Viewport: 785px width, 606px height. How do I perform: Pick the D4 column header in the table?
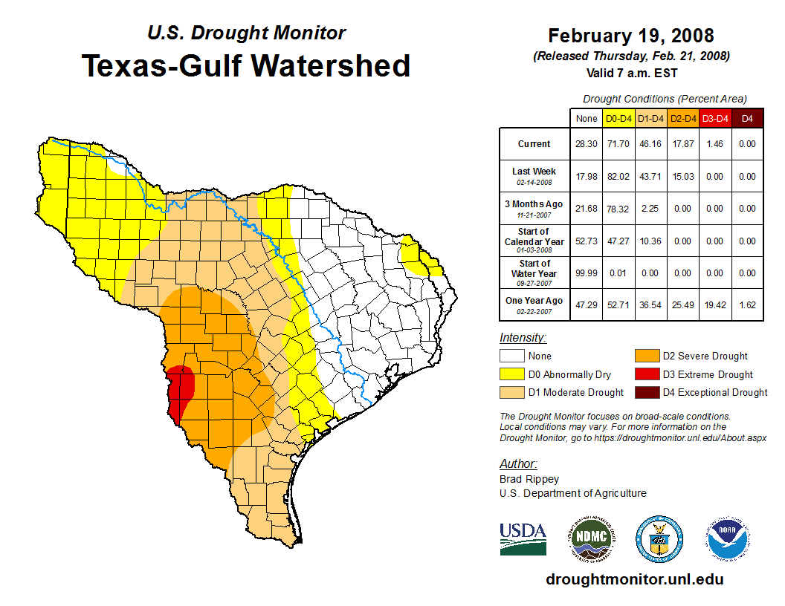pos(747,118)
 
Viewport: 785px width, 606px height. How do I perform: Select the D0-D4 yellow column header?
pos(618,118)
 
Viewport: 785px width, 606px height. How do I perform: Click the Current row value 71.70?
pos(618,144)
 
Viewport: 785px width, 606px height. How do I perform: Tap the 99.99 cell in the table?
pos(587,273)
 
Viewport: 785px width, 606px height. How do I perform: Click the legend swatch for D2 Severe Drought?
pos(645,356)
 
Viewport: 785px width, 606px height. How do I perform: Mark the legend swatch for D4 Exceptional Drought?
pos(645,392)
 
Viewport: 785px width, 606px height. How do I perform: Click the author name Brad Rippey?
pos(529,479)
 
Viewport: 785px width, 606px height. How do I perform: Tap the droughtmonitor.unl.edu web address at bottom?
pos(634,579)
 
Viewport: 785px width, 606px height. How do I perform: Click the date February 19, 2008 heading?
pos(630,36)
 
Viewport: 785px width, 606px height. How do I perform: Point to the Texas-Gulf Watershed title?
pos(246,65)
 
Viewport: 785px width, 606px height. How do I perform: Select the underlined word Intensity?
pos(523,338)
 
